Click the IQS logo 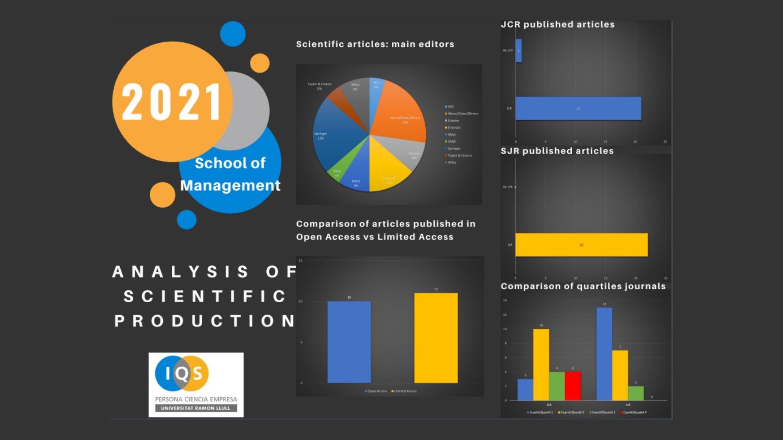tap(196, 384)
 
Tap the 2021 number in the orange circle tap(171, 102)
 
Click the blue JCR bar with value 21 tap(578, 108)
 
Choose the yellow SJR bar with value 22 tap(581, 245)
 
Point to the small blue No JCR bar tap(518, 51)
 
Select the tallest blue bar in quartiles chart tap(604, 354)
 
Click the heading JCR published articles tap(557, 24)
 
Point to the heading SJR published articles tap(557, 151)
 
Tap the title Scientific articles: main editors tap(375, 44)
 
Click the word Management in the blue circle tap(230, 185)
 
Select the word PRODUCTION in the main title tap(205, 321)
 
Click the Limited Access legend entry tap(404, 391)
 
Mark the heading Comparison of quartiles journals tap(583, 286)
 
